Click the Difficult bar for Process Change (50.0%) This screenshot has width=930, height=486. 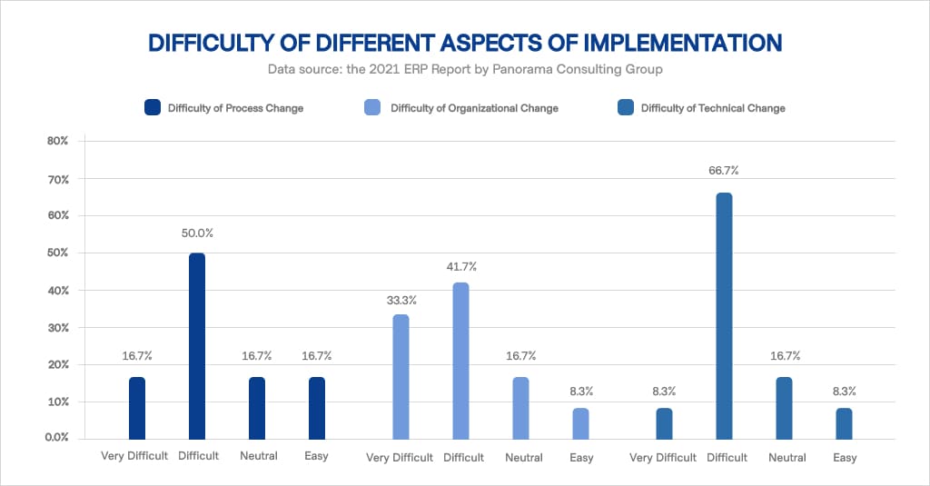tap(197, 346)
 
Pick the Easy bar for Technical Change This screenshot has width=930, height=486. tap(844, 423)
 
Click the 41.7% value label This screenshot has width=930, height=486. tap(460, 266)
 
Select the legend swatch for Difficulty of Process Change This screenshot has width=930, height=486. tap(153, 108)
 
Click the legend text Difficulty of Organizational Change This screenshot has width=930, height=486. tap(474, 108)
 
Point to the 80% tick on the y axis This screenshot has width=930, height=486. tap(58, 142)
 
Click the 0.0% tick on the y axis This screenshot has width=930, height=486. tap(56, 438)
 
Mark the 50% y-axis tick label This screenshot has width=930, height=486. tap(58, 253)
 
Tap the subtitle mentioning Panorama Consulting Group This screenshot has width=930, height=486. tap(464, 69)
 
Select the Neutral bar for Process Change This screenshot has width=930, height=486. tap(257, 408)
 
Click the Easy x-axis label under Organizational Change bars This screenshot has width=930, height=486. tap(581, 458)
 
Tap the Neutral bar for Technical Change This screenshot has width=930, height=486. tap(784, 408)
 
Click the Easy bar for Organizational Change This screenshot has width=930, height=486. tap(580, 423)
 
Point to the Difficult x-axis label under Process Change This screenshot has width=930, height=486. tap(197, 456)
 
